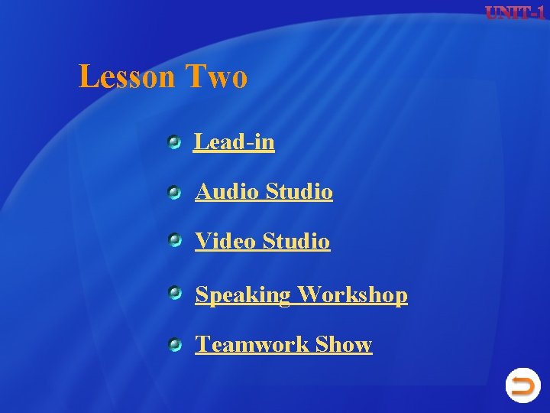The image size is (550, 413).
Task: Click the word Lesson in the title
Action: click(128, 77)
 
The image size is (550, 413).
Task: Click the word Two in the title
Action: click(217, 77)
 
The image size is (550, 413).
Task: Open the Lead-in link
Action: click(234, 142)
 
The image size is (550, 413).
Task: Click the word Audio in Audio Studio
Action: click(228, 191)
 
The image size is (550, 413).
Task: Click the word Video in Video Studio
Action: click(226, 242)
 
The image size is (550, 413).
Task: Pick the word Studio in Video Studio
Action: click(296, 242)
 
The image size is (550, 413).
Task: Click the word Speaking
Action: click(243, 295)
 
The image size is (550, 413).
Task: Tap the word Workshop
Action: click(352, 294)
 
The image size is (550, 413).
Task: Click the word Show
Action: click(343, 345)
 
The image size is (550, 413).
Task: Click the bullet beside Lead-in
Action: click(175, 141)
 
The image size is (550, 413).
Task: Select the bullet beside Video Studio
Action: click(175, 242)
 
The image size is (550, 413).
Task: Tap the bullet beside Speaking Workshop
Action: click(175, 292)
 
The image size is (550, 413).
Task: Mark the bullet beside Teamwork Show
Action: click(175, 346)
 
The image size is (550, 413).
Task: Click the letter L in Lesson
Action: click(87, 77)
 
